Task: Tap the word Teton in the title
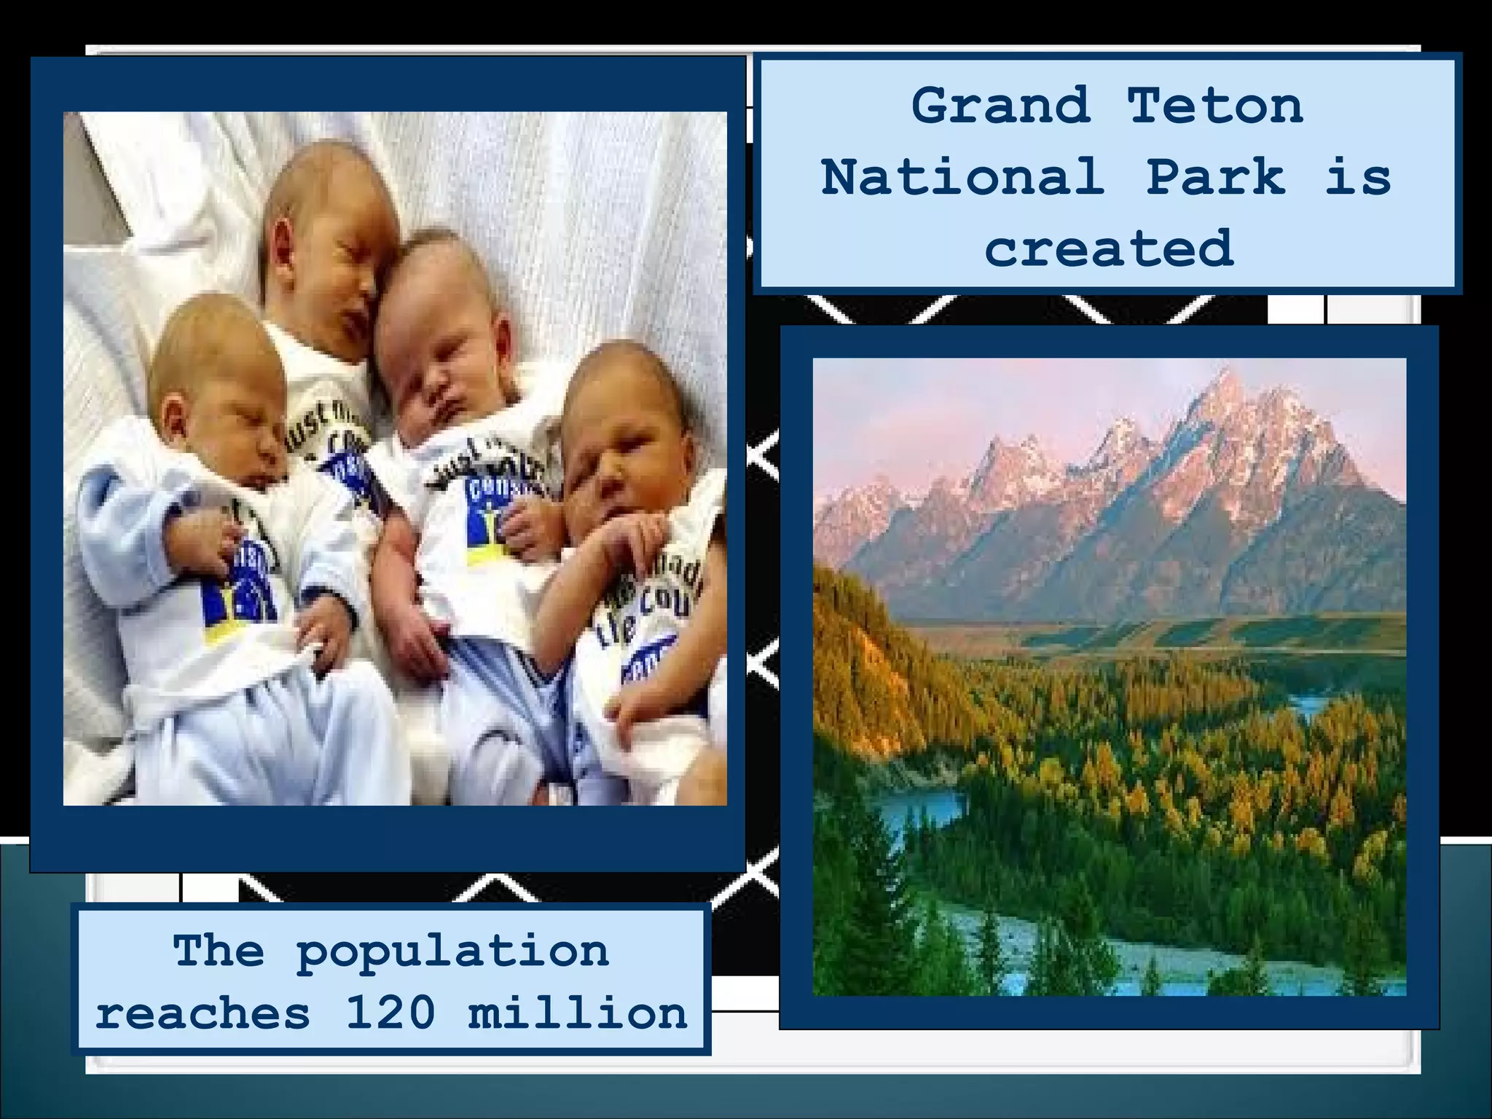[x=1215, y=106]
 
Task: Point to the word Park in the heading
[x=1215, y=177]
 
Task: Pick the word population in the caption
[x=452, y=951]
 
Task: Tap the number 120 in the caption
[x=390, y=1013]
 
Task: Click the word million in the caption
[x=578, y=1013]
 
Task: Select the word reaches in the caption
[x=203, y=1013]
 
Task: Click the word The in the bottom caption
[x=219, y=951]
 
